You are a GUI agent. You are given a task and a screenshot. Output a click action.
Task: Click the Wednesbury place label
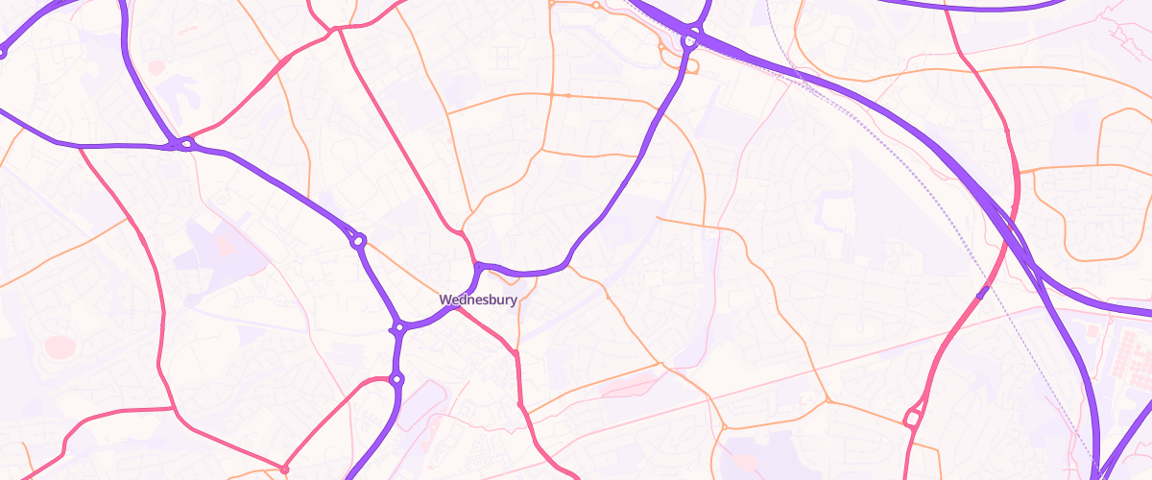pyautogui.click(x=478, y=300)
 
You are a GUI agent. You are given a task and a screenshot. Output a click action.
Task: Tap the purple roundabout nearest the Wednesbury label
pyautogui.click(x=399, y=328)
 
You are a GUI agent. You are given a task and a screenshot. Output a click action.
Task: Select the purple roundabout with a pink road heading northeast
pyautogui.click(x=186, y=144)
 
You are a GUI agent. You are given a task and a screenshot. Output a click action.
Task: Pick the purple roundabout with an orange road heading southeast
pyautogui.click(x=358, y=241)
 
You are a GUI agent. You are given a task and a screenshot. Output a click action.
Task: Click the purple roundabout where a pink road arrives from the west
pyautogui.click(x=396, y=380)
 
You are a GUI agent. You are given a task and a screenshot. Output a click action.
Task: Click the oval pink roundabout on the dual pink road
pyautogui.click(x=912, y=418)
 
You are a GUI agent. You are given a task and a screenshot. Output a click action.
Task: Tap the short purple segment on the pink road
pyautogui.click(x=981, y=293)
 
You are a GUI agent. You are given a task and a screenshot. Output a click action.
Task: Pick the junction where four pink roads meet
pyautogui.click(x=337, y=30)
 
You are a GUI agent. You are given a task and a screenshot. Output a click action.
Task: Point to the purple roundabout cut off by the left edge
pyautogui.click(x=2, y=53)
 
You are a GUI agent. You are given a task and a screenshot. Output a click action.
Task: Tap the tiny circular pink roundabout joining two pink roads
pyautogui.click(x=284, y=468)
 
